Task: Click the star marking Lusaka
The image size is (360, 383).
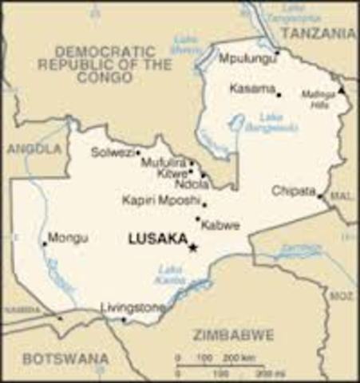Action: point(192,247)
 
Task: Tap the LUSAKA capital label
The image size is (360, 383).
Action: point(157,238)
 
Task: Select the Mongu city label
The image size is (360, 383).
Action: point(68,237)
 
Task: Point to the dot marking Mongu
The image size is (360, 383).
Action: point(44,244)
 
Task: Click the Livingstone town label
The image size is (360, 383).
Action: point(133,307)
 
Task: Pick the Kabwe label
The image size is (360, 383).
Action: point(220,226)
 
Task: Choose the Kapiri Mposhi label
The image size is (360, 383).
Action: point(160,199)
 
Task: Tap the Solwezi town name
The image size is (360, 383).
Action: point(111,152)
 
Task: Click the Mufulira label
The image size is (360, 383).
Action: point(163,162)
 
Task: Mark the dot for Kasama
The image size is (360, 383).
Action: point(279,95)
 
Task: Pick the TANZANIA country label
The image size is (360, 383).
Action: point(318,34)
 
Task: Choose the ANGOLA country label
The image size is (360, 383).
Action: point(34,149)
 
